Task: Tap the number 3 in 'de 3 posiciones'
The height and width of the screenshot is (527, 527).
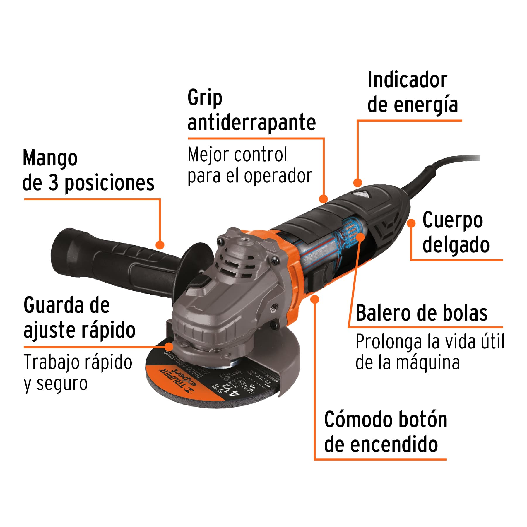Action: coord(53,183)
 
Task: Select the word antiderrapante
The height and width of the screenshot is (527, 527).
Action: coord(251,123)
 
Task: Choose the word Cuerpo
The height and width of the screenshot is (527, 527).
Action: coord(452,220)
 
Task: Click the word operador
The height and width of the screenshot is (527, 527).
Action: coord(278,176)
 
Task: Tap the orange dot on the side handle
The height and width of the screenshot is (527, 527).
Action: coord(160,245)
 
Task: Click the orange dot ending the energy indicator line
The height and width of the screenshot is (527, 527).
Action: coord(357,183)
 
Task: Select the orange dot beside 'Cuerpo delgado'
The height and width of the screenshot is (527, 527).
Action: coord(411,223)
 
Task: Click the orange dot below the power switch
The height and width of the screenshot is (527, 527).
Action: coord(315,299)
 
